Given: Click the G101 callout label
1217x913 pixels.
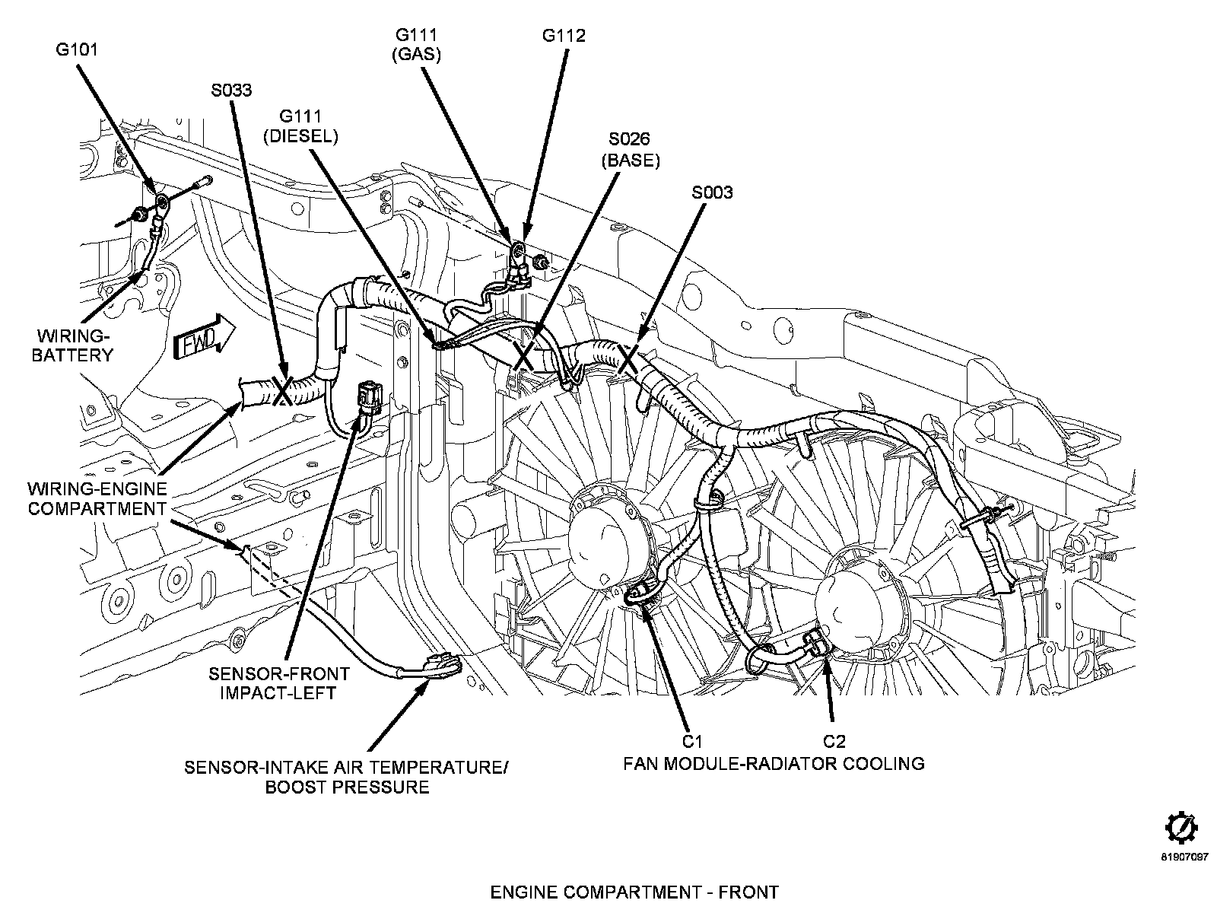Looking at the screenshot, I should (76, 50).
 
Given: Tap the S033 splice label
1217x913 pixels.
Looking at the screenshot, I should (231, 91).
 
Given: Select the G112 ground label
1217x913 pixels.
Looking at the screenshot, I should (564, 36).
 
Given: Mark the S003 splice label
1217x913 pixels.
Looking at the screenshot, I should (712, 192).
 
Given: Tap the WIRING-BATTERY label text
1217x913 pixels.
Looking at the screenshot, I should (72, 345).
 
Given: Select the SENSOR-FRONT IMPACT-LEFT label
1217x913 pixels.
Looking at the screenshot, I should (279, 683).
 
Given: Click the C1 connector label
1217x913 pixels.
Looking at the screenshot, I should (691, 741).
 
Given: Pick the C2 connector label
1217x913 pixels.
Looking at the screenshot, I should (834, 741).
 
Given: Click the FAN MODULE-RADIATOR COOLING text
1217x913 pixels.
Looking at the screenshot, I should (774, 763).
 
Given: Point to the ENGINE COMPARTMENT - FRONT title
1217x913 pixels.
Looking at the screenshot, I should (634, 892).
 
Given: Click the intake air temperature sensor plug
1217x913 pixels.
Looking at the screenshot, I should (443, 666).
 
